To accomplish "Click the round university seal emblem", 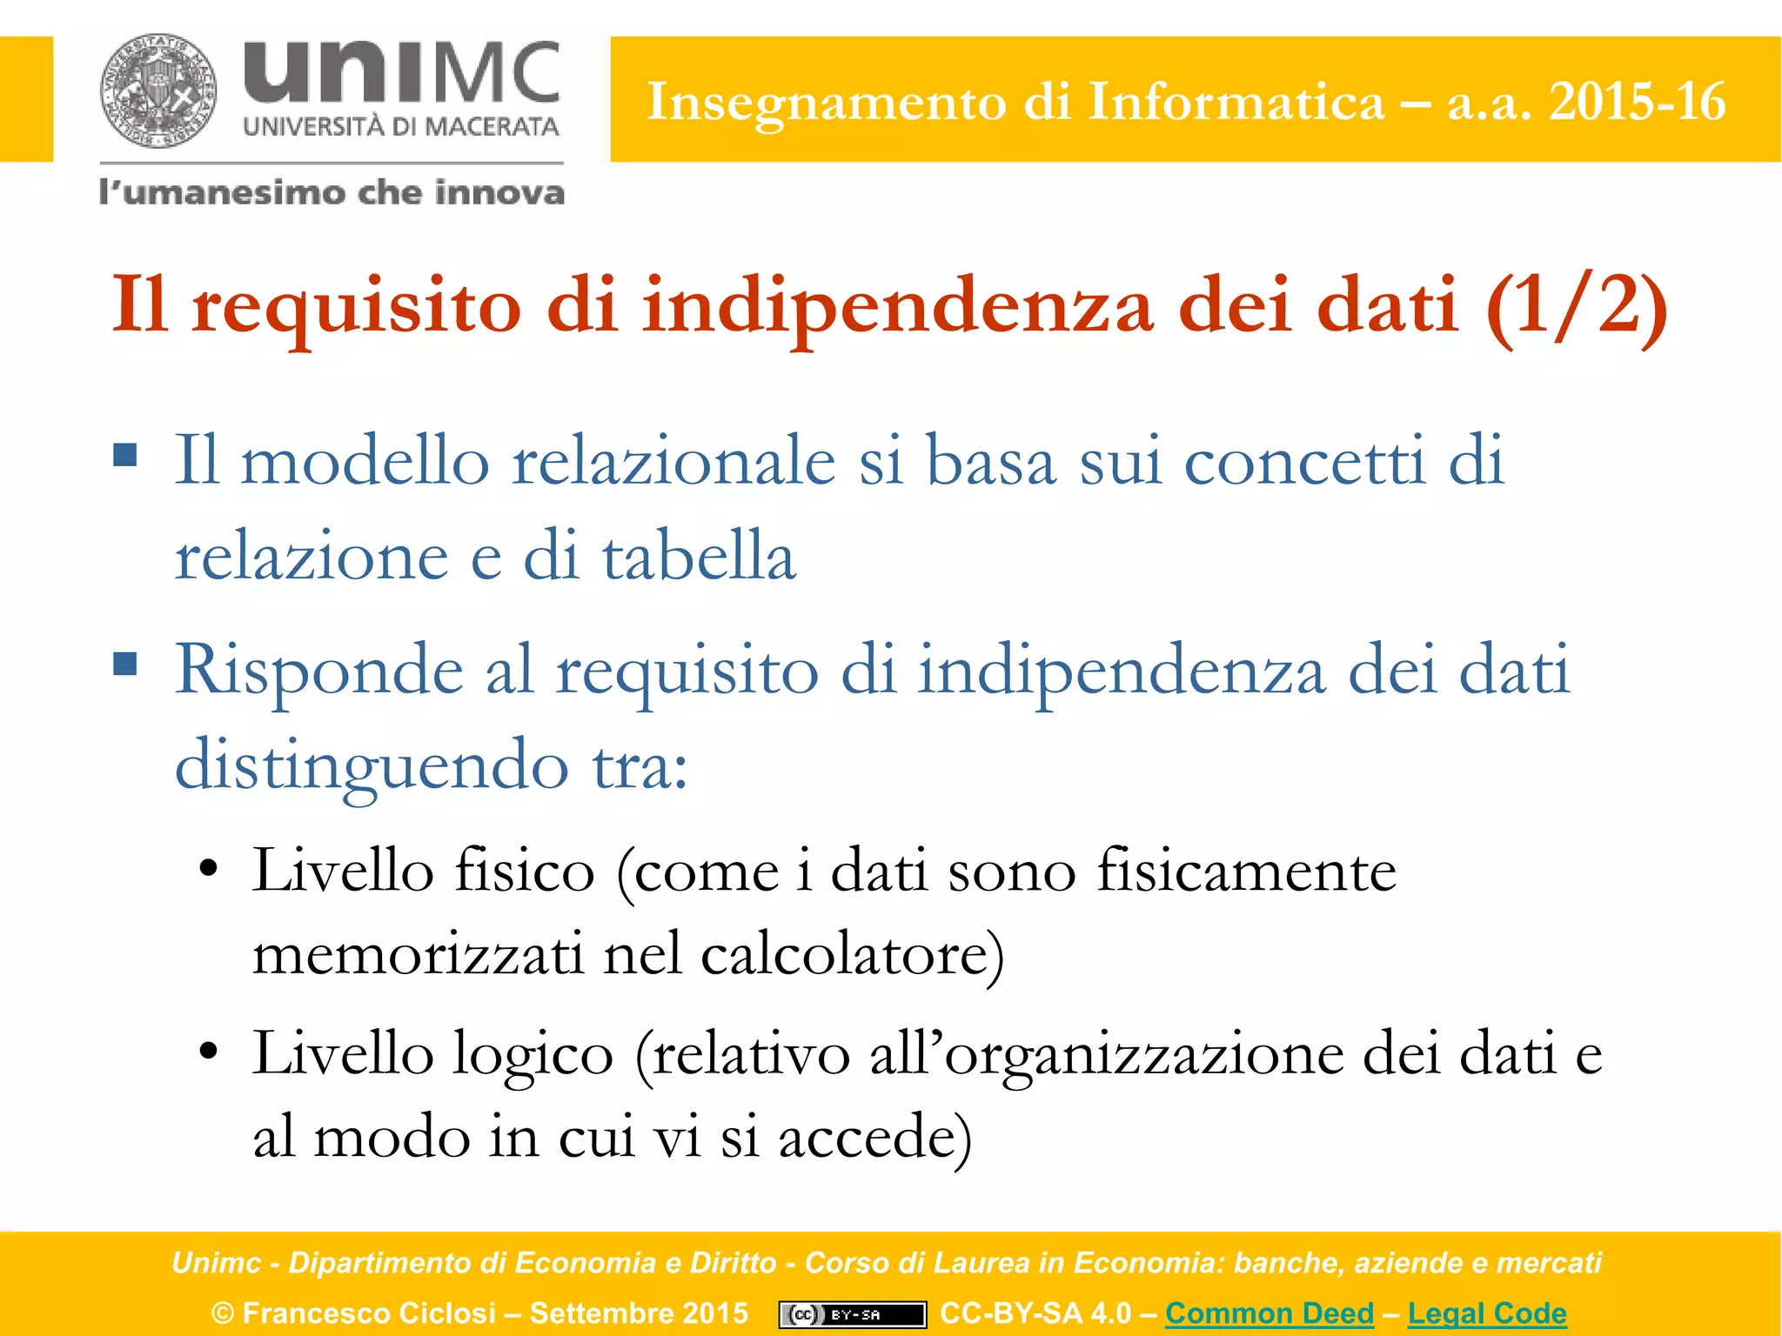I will [157, 90].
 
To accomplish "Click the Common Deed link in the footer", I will [1270, 1313].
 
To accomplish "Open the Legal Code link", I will [1487, 1313].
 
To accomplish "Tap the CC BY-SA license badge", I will [852, 1314].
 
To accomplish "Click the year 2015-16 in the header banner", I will [1637, 102].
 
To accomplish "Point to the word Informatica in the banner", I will [1236, 102].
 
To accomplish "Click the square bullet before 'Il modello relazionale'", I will [125, 455].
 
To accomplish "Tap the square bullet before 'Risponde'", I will [125, 664].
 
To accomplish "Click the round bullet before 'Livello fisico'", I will [208, 869].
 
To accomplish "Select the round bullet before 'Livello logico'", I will [208, 1051].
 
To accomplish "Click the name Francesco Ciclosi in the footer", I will [369, 1313].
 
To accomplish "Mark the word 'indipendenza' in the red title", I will [898, 306].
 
